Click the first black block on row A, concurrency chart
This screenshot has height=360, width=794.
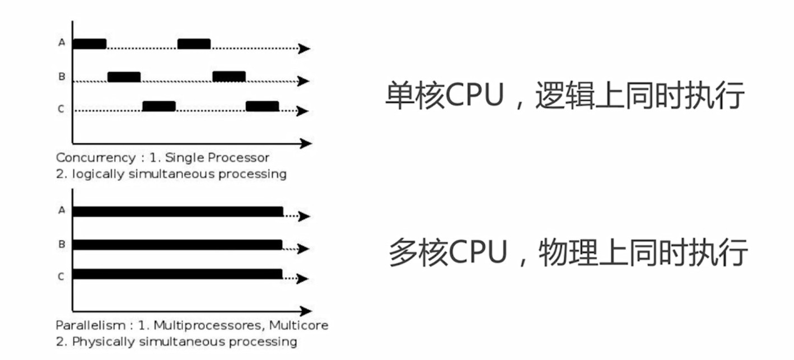[x=89, y=44]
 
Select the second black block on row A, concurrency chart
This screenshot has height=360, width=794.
[x=194, y=44]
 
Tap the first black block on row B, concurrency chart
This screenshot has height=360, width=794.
[x=124, y=77]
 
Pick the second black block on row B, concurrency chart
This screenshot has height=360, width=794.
[x=229, y=76]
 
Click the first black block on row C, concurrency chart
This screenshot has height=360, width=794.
[x=159, y=106]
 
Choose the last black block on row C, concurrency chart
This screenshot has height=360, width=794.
[x=262, y=106]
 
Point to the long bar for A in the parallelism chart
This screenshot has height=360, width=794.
[x=178, y=212]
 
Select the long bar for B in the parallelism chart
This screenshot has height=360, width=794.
[x=178, y=245]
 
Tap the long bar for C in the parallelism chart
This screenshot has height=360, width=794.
[x=178, y=274]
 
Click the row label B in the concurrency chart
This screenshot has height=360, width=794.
[x=62, y=77]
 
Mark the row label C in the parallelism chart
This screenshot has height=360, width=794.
[x=61, y=276]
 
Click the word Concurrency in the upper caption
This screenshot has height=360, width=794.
[x=87, y=158]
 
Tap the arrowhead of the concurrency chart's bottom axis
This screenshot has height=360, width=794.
[x=306, y=143]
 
